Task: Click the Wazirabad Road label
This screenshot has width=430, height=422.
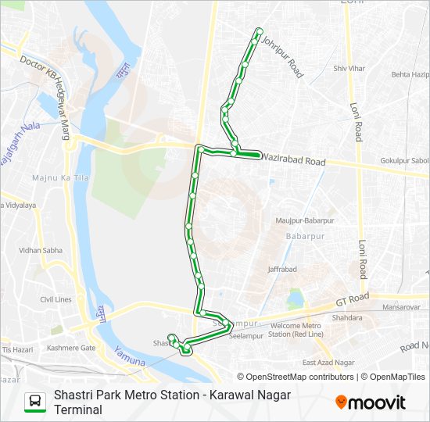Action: coord(293,161)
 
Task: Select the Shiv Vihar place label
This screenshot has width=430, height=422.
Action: coord(349,69)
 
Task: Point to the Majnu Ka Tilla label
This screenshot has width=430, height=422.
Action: coord(56,178)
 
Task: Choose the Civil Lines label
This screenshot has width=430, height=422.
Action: coord(56,299)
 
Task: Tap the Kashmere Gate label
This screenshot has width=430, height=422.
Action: coord(71,348)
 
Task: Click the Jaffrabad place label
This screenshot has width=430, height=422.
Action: coord(282,269)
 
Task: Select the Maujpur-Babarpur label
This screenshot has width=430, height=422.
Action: coord(305,220)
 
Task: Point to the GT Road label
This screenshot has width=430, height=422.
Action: coord(352,299)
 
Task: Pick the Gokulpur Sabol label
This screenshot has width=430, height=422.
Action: coord(404,161)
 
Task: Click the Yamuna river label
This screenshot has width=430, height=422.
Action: coord(129,356)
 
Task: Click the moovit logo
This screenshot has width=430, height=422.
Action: coord(371,402)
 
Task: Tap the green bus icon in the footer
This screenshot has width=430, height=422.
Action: coord(34,402)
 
